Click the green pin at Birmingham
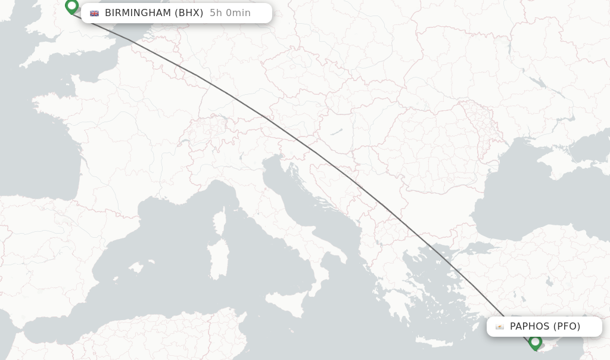(x=72, y=6)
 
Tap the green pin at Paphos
(x=535, y=342)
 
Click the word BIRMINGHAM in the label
(x=138, y=13)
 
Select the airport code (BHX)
(x=189, y=13)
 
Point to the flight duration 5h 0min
(x=230, y=13)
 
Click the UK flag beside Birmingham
(x=95, y=13)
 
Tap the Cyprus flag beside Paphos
(x=500, y=327)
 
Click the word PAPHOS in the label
(x=530, y=327)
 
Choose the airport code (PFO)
(x=567, y=327)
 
